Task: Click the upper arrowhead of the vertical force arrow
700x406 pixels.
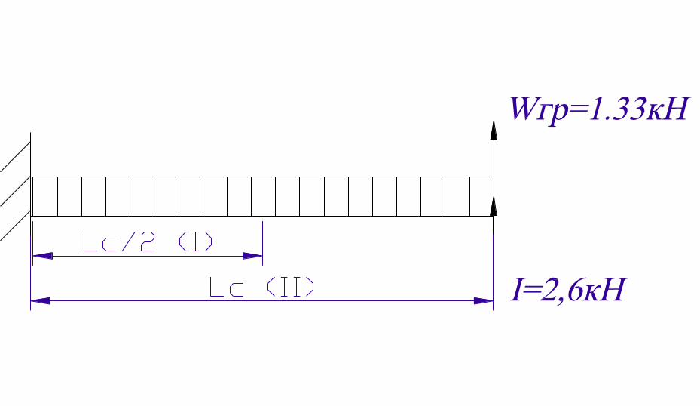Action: tap(494, 131)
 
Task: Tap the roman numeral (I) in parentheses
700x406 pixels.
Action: tap(195, 242)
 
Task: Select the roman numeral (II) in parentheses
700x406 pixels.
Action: tap(289, 288)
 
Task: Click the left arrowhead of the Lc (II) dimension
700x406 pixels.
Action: tap(40, 301)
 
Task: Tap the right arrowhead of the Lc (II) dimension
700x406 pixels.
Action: tap(484, 301)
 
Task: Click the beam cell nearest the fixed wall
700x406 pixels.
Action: tap(44, 196)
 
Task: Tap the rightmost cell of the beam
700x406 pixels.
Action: tap(481, 196)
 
